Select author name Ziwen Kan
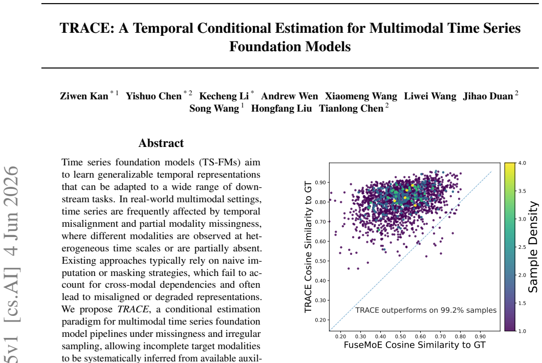pyautogui.click(x=84, y=96)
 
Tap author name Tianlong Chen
pyautogui.click(x=351, y=109)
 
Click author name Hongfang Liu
pyautogui.click(x=281, y=109)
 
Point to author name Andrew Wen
pyautogui.click(x=289, y=96)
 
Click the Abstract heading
pyautogui.click(x=161, y=143)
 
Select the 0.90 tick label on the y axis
pyautogui.click(x=320, y=183)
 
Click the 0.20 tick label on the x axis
pyautogui.click(x=340, y=336)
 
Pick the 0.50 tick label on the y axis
pyautogui.click(x=320, y=261)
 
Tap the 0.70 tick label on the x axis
pyautogui.click(x=440, y=336)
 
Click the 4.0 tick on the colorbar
pyautogui.click(x=523, y=163)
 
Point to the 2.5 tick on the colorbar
pyautogui.click(x=523, y=247)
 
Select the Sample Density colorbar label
pyautogui.click(x=533, y=247)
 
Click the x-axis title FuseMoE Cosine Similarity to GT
pyautogui.click(x=415, y=345)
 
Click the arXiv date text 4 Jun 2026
pyautogui.click(x=11, y=211)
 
